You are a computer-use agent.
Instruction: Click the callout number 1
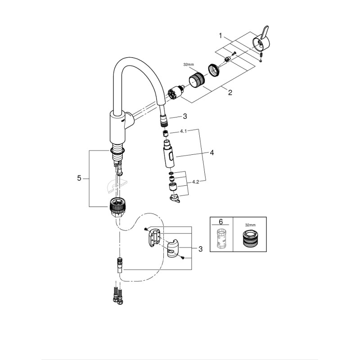click(x=220, y=35)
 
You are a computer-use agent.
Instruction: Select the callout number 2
click(x=230, y=93)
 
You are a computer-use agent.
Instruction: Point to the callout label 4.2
click(x=196, y=182)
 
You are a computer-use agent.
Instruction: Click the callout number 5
click(x=80, y=178)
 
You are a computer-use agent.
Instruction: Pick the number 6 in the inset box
click(x=220, y=222)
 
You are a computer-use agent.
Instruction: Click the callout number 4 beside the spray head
click(x=211, y=153)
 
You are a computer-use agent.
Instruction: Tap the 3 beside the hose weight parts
click(x=200, y=249)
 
